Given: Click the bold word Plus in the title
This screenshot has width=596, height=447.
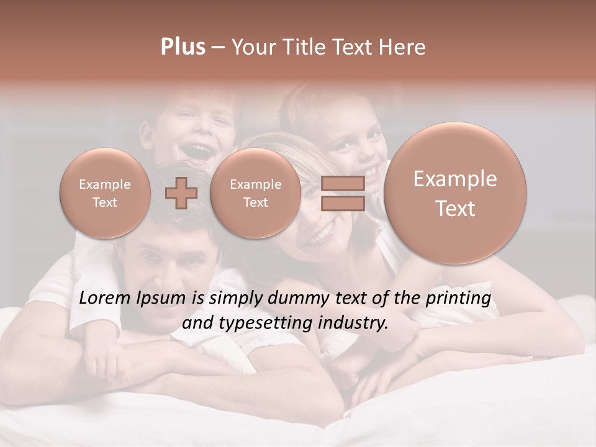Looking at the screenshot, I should click(x=183, y=47).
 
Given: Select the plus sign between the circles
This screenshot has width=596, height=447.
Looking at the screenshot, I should click(x=181, y=192).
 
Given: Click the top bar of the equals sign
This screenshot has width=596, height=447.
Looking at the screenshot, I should click(x=343, y=183).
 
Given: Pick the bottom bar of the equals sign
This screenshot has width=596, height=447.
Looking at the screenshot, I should click(x=343, y=203).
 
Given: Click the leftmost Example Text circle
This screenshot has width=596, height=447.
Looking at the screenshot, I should click(x=105, y=193).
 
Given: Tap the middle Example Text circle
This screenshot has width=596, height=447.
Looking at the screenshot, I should click(x=255, y=193).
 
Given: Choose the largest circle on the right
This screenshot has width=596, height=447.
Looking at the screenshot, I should click(x=454, y=193).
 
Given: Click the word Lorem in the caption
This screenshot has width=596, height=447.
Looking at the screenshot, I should click(x=105, y=299).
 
